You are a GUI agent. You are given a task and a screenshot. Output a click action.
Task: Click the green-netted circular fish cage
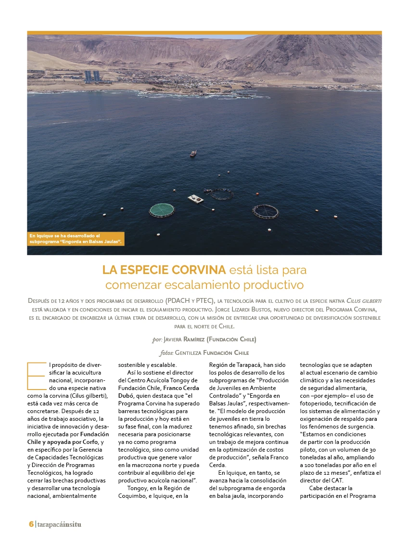pos(162,210)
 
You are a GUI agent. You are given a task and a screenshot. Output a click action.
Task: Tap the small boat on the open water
pos(193,154)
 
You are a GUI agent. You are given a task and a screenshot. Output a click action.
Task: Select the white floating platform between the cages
pos(195,198)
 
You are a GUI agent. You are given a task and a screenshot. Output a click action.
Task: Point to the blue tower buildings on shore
pos(92,76)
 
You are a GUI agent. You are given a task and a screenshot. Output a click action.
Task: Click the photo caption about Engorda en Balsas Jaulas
pos(76,238)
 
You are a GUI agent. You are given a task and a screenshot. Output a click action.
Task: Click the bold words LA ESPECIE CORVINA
pos(164,269)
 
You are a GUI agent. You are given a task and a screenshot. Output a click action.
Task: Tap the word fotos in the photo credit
pos(166,353)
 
